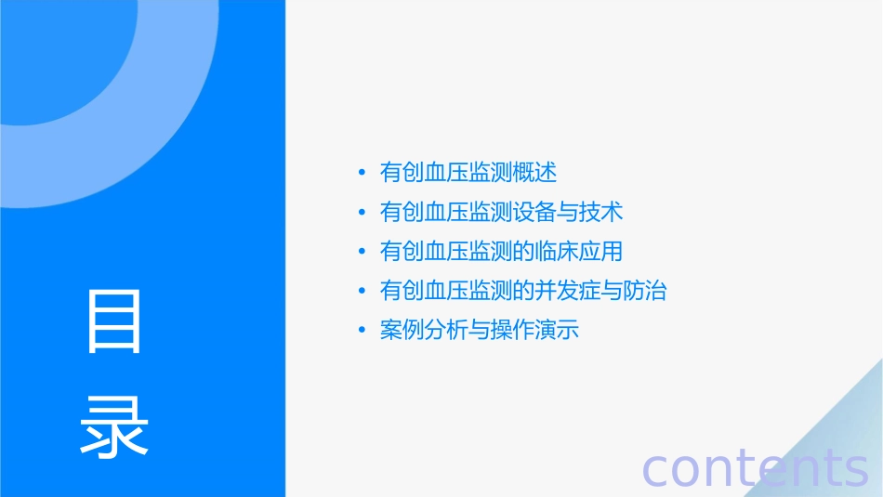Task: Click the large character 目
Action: (x=114, y=320)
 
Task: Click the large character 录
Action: (x=114, y=427)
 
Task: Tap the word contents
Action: (x=755, y=468)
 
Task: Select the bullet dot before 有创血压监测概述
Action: (x=362, y=173)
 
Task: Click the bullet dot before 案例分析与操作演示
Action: (x=362, y=331)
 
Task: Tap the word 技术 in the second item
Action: (x=600, y=213)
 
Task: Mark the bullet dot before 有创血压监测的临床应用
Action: (x=362, y=252)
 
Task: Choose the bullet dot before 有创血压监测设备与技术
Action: (x=362, y=213)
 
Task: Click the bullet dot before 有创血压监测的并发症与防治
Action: (x=362, y=291)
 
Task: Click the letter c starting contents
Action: (x=656, y=470)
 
